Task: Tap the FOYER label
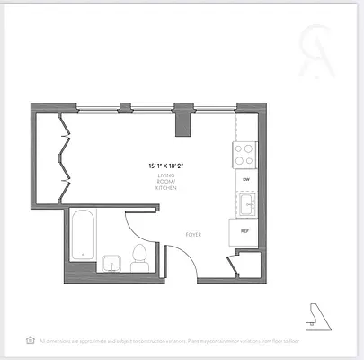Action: click(193, 234)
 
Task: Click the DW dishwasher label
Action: click(244, 178)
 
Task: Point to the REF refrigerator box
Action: click(244, 230)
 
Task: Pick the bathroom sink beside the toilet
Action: click(111, 264)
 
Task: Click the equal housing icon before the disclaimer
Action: click(31, 340)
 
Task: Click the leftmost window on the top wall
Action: click(102, 106)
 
